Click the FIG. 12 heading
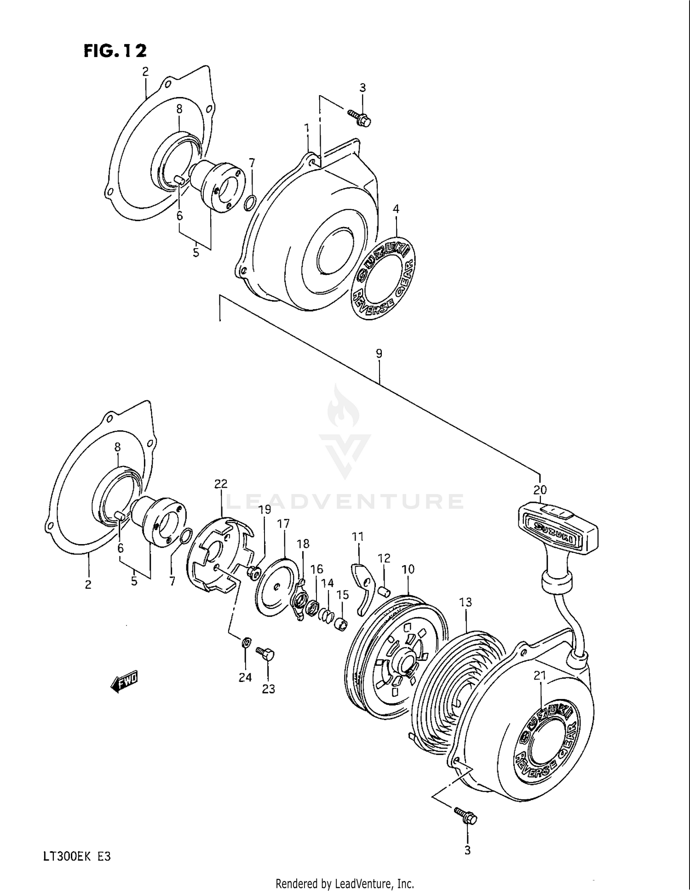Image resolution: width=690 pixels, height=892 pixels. pos(115,51)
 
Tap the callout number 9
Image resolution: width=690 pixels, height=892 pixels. pos(379,353)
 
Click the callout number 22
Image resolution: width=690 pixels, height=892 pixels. pos(221,483)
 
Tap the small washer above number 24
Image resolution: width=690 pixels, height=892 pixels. pos(246,642)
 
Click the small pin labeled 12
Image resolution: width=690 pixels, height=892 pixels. pos(385,590)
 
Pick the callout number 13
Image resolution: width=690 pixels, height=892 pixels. pos(466,602)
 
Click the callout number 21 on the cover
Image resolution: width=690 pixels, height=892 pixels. pos(540,676)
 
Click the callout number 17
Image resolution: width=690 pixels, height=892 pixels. pos(283,523)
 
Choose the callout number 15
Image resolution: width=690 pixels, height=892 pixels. pos(342,595)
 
